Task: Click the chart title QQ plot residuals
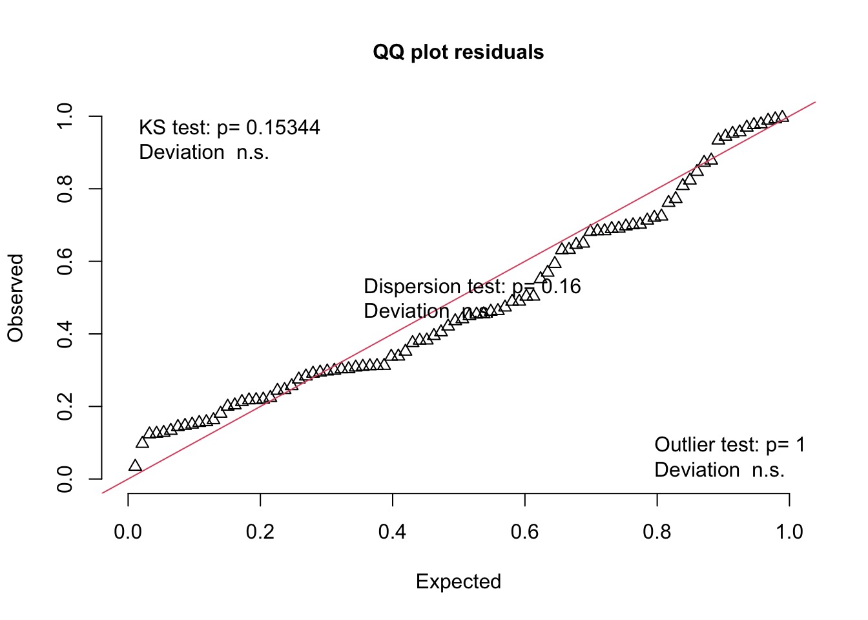tap(458, 52)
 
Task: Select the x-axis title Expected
tap(458, 581)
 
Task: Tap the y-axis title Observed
tap(15, 298)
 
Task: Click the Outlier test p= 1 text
tap(729, 444)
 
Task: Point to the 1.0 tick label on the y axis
tap(65, 116)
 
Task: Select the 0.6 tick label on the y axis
tap(65, 262)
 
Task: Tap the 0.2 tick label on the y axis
tap(65, 407)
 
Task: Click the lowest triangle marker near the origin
tap(135, 466)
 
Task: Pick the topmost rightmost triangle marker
tap(782, 117)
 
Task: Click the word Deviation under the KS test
tap(181, 152)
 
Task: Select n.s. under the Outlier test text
tap(768, 470)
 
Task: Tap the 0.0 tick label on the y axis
tap(65, 479)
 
